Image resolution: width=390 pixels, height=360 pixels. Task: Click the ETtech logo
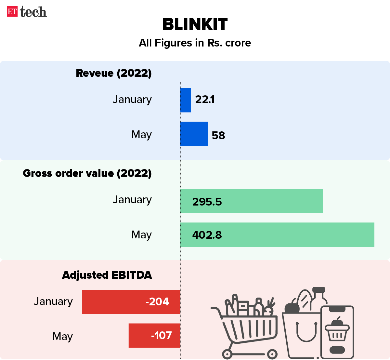27,12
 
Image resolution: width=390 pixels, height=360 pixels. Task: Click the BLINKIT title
195,24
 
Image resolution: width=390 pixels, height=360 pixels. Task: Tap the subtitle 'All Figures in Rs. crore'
195,43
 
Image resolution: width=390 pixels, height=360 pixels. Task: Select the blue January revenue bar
186,100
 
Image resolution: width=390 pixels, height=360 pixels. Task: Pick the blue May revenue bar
194,134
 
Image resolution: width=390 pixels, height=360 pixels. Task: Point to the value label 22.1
205,100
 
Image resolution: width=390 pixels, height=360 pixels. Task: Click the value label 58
218,135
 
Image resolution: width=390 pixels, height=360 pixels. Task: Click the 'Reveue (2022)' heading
114,73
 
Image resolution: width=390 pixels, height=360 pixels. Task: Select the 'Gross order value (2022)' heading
87,173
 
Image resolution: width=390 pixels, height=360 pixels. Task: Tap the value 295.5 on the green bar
207,202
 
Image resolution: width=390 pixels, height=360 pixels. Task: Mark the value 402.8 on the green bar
207,235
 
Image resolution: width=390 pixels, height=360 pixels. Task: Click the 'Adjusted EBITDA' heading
107,275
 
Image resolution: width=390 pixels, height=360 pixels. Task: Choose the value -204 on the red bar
157,302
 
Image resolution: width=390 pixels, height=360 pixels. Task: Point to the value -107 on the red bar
161,336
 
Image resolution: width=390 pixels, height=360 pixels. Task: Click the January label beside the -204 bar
53,301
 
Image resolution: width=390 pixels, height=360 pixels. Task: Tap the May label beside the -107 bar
62,336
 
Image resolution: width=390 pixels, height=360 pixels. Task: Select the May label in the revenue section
141,134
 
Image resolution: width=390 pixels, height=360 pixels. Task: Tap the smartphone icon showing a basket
337,332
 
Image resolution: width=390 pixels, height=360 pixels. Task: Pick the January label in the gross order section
132,199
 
